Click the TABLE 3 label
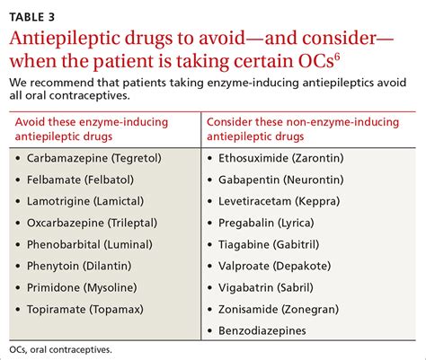point(31,17)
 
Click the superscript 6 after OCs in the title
point(337,57)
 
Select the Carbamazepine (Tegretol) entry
point(94,158)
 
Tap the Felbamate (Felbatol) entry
point(80,180)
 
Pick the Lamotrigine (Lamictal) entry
point(85,201)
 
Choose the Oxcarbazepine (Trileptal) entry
point(92,223)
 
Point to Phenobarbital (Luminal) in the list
point(90,244)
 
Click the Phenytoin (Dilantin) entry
point(79,266)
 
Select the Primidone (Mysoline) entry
point(82,287)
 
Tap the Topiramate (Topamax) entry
point(85,309)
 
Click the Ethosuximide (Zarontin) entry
point(281,158)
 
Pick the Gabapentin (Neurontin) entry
point(281,180)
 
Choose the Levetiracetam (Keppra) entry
point(280,201)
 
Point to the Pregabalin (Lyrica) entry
point(266,223)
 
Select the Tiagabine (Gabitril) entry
point(269,244)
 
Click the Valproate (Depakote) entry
point(275,266)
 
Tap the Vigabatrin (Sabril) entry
point(266,287)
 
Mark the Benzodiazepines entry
point(262,330)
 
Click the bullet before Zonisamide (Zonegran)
point(209,310)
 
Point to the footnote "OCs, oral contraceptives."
point(60,349)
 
